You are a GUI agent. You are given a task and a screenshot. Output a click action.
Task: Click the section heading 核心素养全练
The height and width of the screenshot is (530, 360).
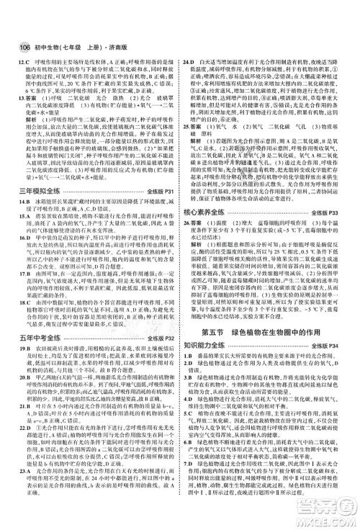210,234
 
